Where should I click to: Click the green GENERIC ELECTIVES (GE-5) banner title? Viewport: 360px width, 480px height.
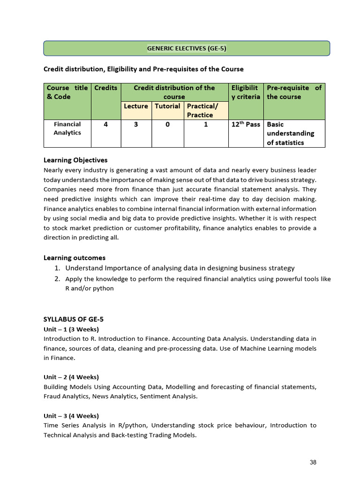click(187, 48)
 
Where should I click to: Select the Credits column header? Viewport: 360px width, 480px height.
click(106, 88)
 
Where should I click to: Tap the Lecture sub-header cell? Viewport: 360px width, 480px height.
click(136, 106)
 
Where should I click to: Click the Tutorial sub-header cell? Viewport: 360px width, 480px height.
click(167, 106)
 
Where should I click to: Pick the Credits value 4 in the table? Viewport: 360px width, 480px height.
click(106, 125)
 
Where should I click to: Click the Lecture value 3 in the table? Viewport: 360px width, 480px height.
click(136, 125)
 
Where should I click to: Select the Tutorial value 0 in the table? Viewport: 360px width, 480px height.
click(167, 125)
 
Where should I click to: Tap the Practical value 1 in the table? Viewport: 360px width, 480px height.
click(206, 125)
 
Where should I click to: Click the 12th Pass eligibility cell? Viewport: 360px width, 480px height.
click(246, 125)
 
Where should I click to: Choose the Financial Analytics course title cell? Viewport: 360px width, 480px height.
click(67, 128)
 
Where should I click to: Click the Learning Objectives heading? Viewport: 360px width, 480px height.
click(75, 160)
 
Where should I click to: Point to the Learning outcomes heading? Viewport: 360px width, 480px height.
click(75, 258)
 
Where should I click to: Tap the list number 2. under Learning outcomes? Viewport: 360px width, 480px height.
click(57, 279)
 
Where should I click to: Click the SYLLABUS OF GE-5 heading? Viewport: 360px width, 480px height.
click(73, 320)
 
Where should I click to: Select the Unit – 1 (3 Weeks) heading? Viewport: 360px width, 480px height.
click(71, 329)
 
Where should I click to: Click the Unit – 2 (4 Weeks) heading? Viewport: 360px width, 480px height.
click(71, 377)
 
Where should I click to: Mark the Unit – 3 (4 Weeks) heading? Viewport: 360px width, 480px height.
click(71, 416)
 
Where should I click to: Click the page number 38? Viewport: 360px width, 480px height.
click(313, 462)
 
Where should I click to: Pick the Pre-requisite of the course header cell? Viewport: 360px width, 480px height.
click(294, 92)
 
